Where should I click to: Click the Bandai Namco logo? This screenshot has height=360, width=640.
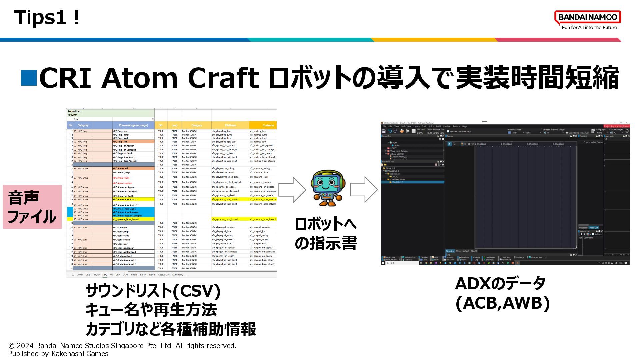[x=587, y=17]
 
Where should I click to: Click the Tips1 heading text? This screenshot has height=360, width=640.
[x=47, y=17]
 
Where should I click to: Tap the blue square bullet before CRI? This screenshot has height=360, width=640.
[x=29, y=78]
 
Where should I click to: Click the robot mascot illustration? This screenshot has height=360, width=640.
[x=328, y=188]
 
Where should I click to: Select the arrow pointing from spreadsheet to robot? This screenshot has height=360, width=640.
[x=292, y=190]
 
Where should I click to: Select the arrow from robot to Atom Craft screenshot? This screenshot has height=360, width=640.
[x=364, y=190]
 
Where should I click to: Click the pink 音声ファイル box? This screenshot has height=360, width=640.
[x=32, y=207]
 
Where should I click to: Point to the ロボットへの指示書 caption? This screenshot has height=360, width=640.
[x=326, y=233]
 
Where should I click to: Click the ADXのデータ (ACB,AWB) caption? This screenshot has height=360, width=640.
[x=502, y=293]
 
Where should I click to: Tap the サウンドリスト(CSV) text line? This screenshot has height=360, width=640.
[x=153, y=291]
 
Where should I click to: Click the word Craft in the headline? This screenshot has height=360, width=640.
[x=223, y=78]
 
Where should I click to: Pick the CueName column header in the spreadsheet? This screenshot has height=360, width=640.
[x=268, y=125]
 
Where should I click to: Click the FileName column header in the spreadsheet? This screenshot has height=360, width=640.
[x=230, y=125]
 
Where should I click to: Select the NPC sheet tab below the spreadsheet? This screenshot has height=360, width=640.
[x=105, y=275]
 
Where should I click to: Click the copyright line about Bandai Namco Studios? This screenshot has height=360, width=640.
[x=122, y=346]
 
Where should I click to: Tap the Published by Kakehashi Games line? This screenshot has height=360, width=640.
[x=58, y=354]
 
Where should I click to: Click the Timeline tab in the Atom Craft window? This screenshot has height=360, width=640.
[x=450, y=251]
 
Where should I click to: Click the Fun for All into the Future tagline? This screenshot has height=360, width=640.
[x=589, y=28]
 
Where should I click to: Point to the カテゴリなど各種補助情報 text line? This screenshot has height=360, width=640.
[x=171, y=329]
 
